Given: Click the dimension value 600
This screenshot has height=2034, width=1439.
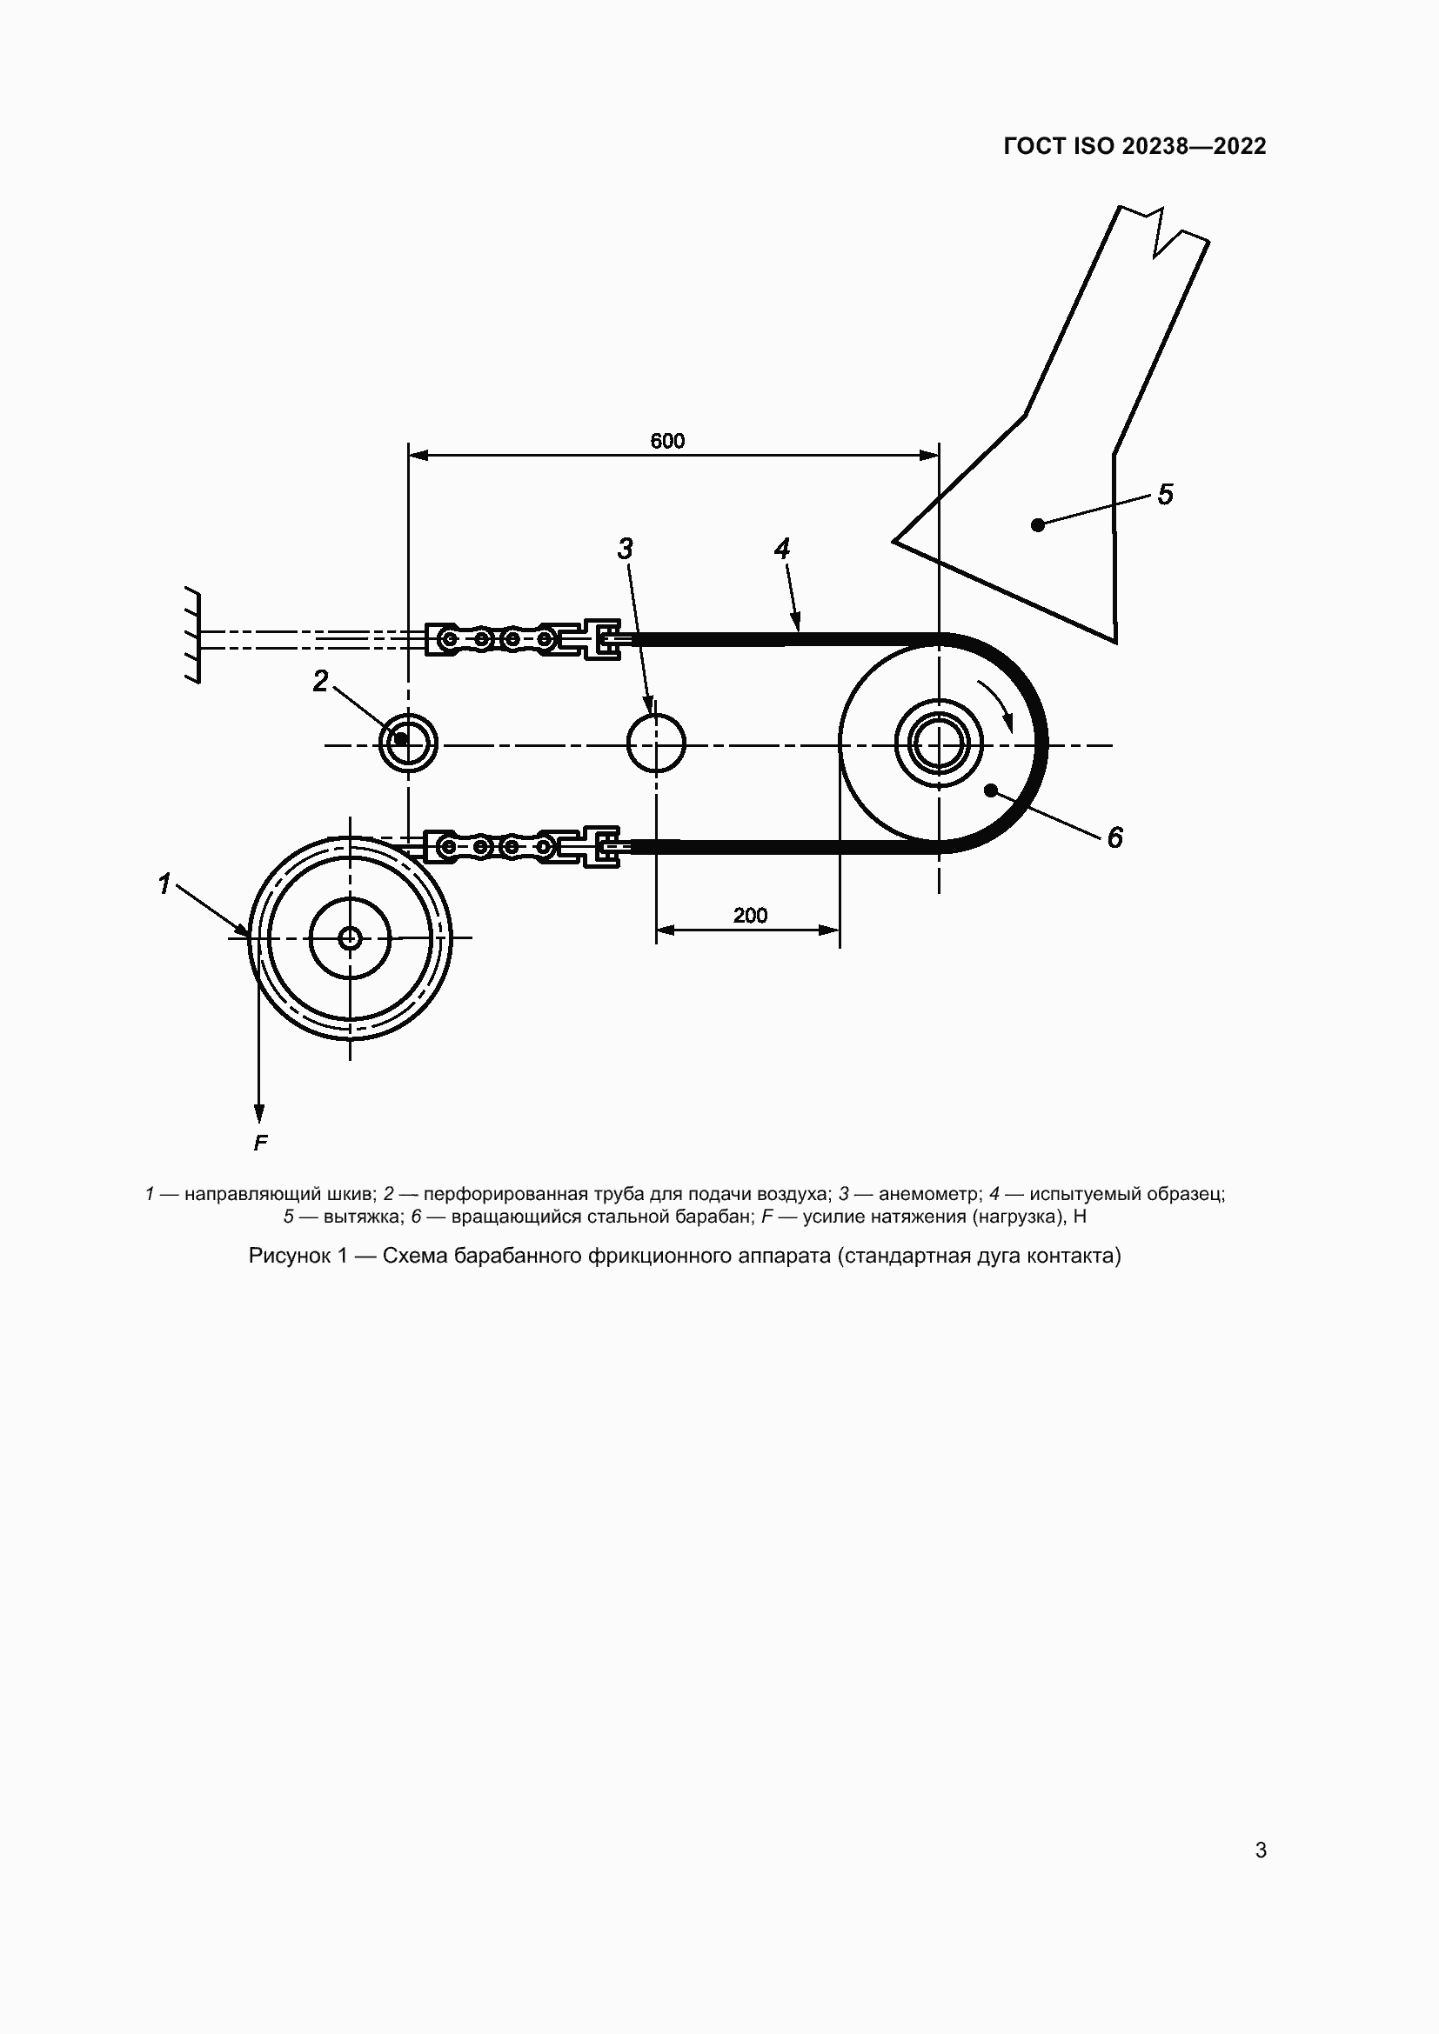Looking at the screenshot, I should click(667, 440).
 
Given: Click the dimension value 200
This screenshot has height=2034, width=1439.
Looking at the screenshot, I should click(750, 915).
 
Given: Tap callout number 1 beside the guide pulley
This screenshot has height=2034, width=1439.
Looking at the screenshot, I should click(164, 884).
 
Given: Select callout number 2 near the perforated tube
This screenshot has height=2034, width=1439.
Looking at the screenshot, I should click(321, 680).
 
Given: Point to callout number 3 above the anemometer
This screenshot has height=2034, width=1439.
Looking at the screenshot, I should click(626, 550).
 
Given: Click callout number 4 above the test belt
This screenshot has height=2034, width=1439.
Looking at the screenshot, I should click(781, 550).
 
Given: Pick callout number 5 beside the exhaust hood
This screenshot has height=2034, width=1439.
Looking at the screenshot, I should click(1165, 494).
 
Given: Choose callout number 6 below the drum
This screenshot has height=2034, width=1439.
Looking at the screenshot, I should click(1114, 837).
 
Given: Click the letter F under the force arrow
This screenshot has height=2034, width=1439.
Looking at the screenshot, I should click(259, 1144).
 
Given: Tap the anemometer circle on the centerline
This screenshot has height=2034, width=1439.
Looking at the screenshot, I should click(656, 744).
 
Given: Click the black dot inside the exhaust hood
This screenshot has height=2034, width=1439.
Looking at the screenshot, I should click(1038, 525).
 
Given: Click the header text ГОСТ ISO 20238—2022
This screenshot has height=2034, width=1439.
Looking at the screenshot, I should click(1134, 146).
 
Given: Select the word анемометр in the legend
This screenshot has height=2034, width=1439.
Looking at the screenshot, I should click(927, 1193).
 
